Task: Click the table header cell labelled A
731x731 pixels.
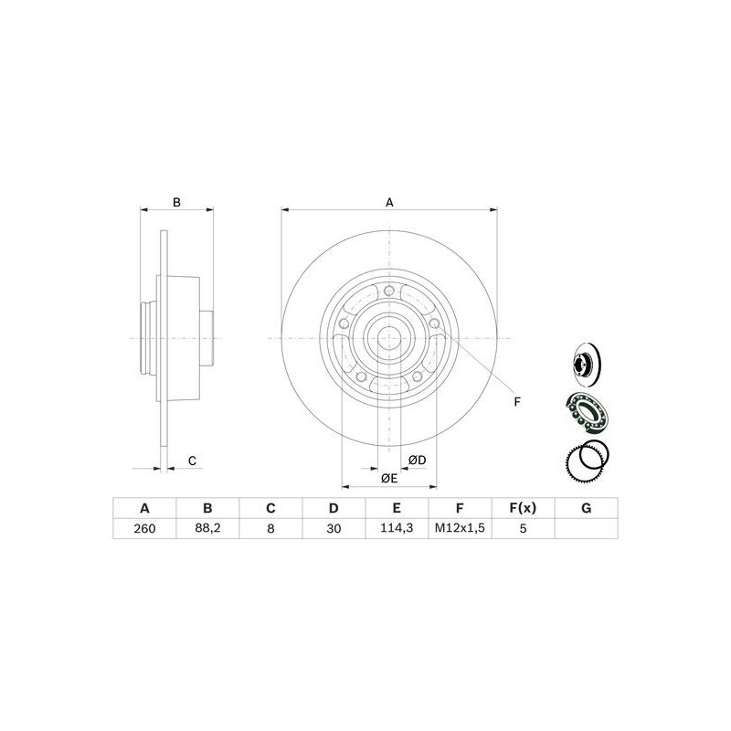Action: click(x=143, y=508)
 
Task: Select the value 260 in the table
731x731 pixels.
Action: click(x=143, y=528)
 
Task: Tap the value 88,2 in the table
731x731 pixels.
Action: click(x=207, y=528)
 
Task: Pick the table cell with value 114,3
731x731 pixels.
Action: click(x=397, y=528)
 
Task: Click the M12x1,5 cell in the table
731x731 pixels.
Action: click(x=460, y=528)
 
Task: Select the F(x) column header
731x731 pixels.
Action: click(x=523, y=508)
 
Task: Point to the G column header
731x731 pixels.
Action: click(x=586, y=508)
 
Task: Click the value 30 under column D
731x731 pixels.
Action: click(x=334, y=528)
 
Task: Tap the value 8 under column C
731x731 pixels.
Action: click(x=270, y=528)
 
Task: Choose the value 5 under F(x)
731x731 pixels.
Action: click(x=523, y=528)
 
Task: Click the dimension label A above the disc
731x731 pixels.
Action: click(x=389, y=202)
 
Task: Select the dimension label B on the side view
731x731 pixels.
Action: click(x=178, y=202)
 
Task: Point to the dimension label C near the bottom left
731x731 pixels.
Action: click(x=193, y=461)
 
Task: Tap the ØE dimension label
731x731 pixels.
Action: click(x=389, y=478)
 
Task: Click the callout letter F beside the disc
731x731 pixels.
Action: click(x=516, y=401)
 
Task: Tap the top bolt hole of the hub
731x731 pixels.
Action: click(x=389, y=291)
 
